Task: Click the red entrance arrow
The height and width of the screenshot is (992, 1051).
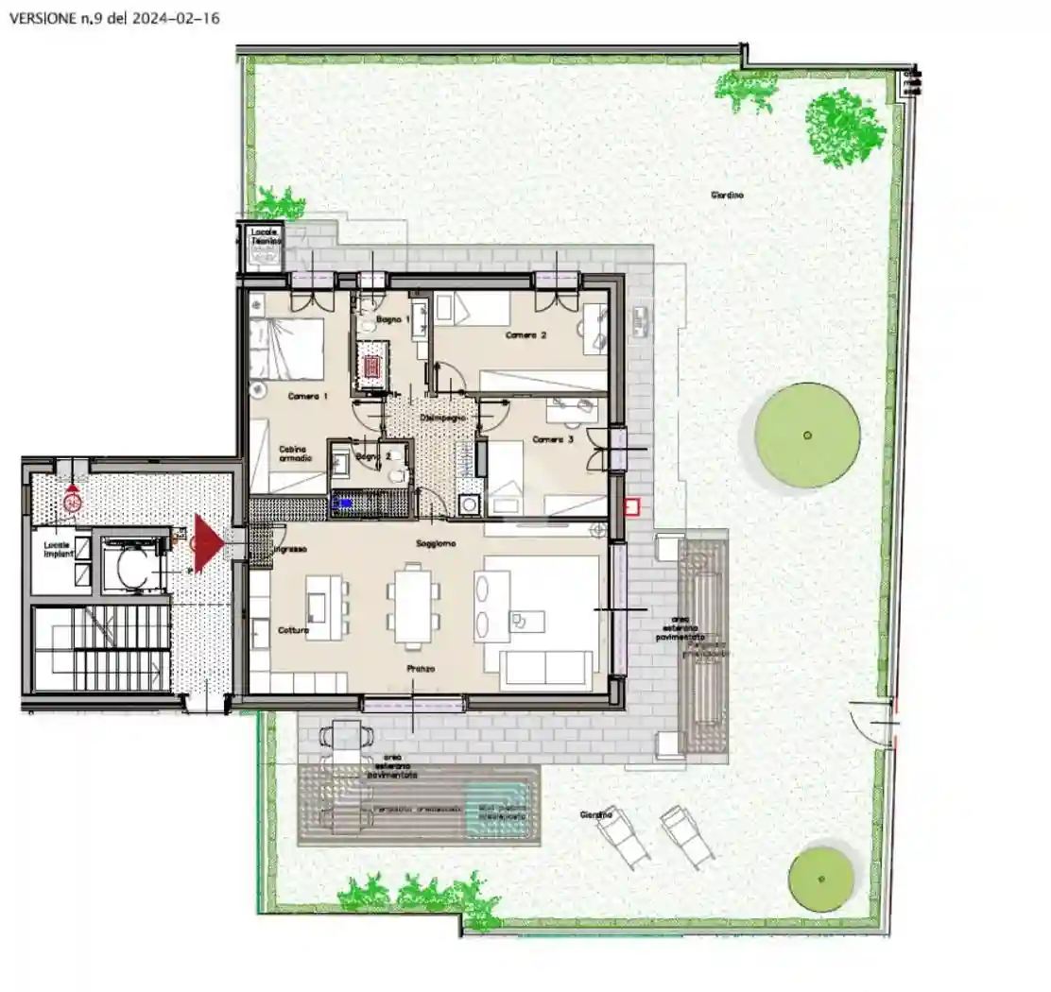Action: click(x=207, y=542)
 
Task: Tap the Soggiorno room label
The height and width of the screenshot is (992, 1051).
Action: click(x=437, y=544)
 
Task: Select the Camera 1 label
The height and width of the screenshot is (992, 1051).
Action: click(x=307, y=397)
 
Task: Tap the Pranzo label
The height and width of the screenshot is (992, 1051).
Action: click(x=422, y=669)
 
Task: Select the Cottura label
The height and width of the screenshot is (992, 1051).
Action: click(x=293, y=630)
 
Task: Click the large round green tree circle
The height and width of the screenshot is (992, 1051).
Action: click(x=807, y=435)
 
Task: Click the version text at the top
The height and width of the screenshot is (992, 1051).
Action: click(x=113, y=18)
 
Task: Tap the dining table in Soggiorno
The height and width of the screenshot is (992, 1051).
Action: click(x=412, y=604)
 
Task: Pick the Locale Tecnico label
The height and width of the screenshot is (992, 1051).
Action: click(x=261, y=237)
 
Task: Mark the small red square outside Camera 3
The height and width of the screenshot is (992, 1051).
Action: click(x=631, y=507)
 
